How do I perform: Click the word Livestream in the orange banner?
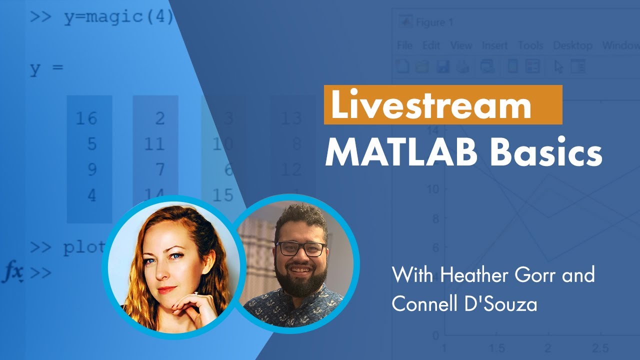[430, 105]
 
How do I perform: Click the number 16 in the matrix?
[86, 118]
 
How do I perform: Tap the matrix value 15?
[222, 195]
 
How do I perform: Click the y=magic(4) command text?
[118, 17]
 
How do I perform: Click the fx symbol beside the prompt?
[13, 272]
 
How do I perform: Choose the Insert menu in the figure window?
[494, 45]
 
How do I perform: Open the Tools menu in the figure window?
[530, 45]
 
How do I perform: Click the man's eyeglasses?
[300, 248]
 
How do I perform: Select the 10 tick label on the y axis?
[432, 189]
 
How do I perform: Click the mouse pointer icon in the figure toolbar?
[559, 66]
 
